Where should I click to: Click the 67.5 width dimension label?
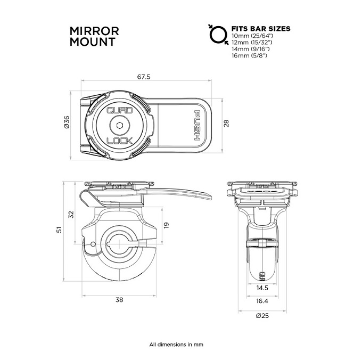tap(144, 77)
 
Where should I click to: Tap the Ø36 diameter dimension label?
tap(67, 122)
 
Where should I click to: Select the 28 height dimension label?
tap(226, 124)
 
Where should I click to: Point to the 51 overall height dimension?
tap(59, 230)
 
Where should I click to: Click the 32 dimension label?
tap(71, 215)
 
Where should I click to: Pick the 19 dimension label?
tap(166, 225)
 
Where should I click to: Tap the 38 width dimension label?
tap(119, 300)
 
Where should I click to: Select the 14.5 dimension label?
tap(262, 288)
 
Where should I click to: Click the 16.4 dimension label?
tap(262, 301)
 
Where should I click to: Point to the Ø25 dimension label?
tap(262, 315)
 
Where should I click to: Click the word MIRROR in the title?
tap(94, 31)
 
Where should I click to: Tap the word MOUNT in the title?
tap(92, 42)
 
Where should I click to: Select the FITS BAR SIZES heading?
tap(261, 29)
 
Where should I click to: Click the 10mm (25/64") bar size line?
tap(252, 36)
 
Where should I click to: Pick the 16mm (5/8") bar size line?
tap(249, 56)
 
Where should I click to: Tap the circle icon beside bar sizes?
tap(218, 35)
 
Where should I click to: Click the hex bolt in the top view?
tap(120, 126)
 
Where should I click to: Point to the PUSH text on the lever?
tap(197, 125)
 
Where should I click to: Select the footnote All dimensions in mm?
tap(176, 345)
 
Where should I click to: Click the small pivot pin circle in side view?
tap(93, 244)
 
